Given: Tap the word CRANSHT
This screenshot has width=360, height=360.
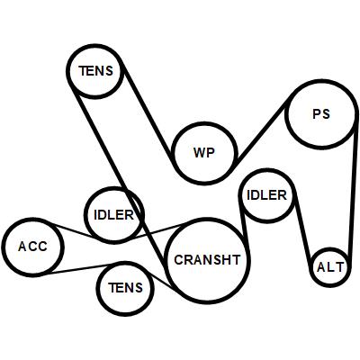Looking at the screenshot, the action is (207, 260).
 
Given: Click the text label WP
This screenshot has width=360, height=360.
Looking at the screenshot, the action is (204, 153).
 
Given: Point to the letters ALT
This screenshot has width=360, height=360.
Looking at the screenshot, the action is (330, 267).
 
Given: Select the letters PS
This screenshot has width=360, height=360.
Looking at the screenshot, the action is (321, 114).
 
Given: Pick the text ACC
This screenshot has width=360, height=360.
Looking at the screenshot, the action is (32, 247).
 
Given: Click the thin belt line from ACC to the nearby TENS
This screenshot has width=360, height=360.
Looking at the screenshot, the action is (79, 268).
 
